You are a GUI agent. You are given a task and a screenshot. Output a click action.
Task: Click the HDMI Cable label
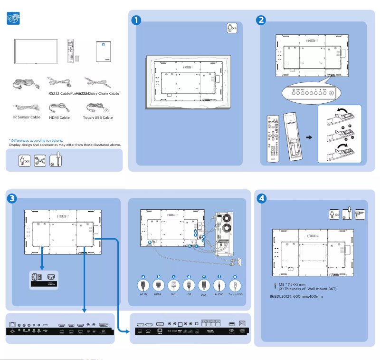[x=59, y=117]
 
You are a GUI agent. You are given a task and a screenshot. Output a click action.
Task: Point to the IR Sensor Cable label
[x=27, y=117]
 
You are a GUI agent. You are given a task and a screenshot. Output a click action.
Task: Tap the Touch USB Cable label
[x=98, y=117]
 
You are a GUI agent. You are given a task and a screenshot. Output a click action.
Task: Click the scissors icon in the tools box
[x=40, y=160]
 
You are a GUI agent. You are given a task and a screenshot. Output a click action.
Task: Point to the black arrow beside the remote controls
[x=309, y=137]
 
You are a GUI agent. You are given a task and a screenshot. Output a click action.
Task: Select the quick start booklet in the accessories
[x=103, y=50]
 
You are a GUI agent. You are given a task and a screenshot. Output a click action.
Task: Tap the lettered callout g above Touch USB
[x=234, y=276]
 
